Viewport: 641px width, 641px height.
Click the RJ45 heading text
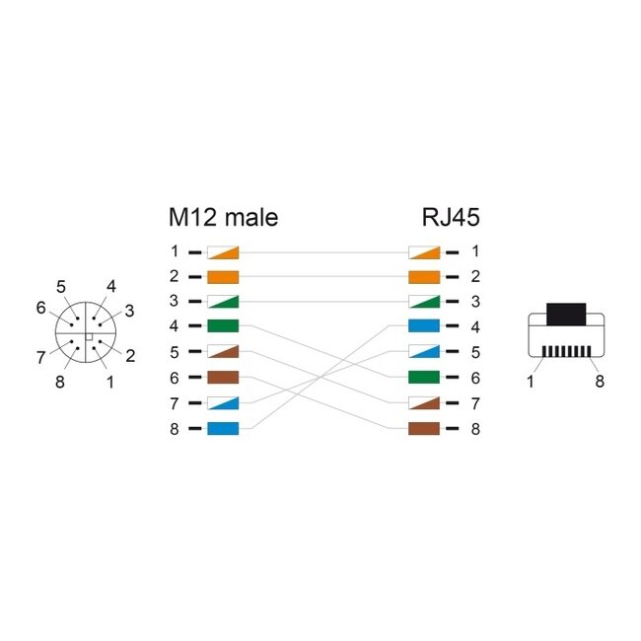click(450, 217)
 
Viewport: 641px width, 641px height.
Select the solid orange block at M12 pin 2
click(223, 276)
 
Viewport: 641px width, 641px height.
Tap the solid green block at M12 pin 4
click(223, 326)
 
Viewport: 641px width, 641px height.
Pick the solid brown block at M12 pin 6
click(223, 377)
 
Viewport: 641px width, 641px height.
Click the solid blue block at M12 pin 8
click(223, 428)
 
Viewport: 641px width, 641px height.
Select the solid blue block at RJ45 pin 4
click(423, 326)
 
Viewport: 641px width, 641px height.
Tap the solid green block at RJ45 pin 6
click(423, 377)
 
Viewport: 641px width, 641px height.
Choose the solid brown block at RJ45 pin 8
click(423, 428)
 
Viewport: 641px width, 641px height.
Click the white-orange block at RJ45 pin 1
click(423, 251)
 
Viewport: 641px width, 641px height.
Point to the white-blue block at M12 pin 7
click(223, 402)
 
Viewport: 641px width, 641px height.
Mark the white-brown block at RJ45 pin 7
click(423, 402)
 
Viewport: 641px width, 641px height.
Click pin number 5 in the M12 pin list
click(174, 352)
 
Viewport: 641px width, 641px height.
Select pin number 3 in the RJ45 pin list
click(474, 302)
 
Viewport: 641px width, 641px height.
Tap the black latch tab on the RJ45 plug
click(565, 314)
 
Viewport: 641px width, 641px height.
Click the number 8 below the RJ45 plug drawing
click(600, 382)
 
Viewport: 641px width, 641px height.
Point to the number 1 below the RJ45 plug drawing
click(531, 382)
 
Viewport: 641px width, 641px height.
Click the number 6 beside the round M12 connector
click(41, 308)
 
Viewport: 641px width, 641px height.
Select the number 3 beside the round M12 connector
click(129, 311)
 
